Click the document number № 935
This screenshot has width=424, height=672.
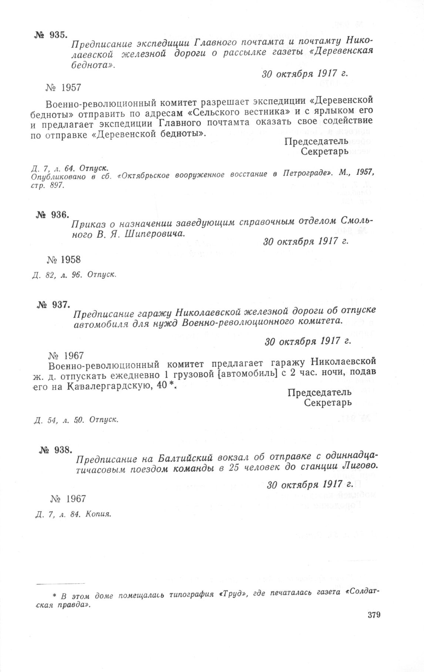[x=51, y=36]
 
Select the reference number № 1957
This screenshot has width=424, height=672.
[x=63, y=88]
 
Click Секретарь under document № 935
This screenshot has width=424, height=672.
[x=324, y=151]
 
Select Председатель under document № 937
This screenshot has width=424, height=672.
[x=319, y=392]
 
